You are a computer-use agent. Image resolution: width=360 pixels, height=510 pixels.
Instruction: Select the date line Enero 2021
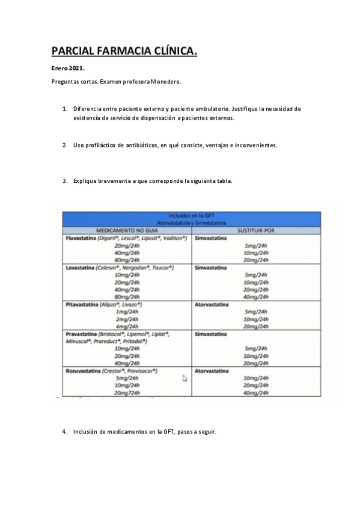(x=67, y=69)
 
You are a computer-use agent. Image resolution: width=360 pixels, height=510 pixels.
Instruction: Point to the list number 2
(x=65, y=146)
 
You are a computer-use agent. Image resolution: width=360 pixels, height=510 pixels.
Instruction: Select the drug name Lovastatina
(x=79, y=267)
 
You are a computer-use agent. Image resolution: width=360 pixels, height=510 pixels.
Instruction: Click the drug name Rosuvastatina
(x=83, y=371)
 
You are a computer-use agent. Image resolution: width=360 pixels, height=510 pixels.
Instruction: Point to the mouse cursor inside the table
(x=185, y=378)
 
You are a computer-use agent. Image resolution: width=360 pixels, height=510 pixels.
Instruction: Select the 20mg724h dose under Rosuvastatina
(x=127, y=393)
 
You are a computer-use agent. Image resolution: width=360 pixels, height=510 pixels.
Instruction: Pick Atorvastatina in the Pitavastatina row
(x=212, y=305)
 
